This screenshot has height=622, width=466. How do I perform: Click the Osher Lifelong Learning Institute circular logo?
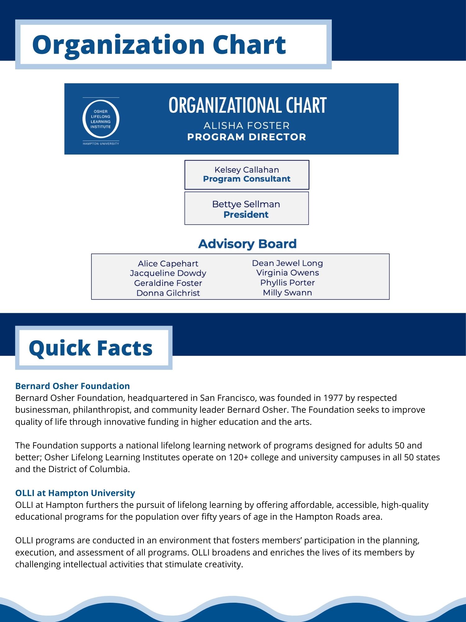tap(101, 119)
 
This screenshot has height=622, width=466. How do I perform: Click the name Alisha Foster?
tap(246, 126)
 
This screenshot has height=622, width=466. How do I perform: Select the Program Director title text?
tap(246, 137)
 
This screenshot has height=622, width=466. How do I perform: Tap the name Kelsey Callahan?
tap(247, 170)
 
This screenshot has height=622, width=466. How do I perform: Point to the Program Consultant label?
tap(247, 179)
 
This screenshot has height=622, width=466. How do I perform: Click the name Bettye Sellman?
tap(246, 204)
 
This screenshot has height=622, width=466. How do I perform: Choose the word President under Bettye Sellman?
tap(246, 215)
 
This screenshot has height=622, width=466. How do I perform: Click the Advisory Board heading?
tap(247, 244)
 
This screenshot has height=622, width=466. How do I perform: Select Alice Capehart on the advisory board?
tap(168, 264)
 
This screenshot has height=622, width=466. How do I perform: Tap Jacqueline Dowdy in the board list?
tap(168, 273)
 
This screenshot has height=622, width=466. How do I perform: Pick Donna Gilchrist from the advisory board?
tap(168, 293)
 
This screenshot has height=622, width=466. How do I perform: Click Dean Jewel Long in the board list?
tap(287, 263)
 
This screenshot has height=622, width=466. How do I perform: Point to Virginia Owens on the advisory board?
tap(287, 273)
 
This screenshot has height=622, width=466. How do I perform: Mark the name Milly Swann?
tap(287, 293)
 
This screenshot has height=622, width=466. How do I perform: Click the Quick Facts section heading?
tap(91, 348)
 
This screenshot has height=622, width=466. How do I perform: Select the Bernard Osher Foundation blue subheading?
tap(72, 386)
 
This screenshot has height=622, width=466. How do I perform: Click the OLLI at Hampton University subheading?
tap(75, 493)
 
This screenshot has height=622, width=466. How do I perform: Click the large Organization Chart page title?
tap(159, 44)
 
